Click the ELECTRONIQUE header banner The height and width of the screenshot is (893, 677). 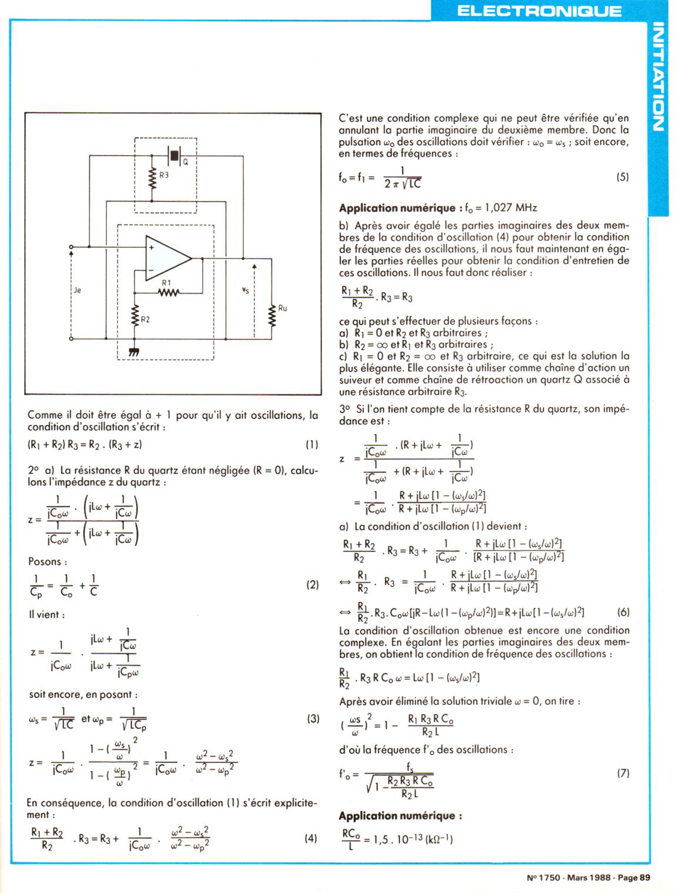click(x=538, y=11)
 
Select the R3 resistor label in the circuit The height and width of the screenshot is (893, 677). click(x=164, y=174)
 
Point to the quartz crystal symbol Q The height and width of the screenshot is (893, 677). click(x=175, y=156)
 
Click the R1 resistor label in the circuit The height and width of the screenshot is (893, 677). click(x=166, y=283)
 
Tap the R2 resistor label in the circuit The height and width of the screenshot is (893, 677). click(x=145, y=320)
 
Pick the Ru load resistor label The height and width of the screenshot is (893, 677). click(x=283, y=308)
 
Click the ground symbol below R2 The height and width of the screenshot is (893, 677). click(x=133, y=352)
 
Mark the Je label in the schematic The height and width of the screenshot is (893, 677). click(x=78, y=290)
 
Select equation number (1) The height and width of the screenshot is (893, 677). click(x=312, y=445)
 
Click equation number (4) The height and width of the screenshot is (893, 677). click(x=311, y=838)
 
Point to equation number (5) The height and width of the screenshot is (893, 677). click(x=623, y=176)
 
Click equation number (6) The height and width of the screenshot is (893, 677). click(x=623, y=612)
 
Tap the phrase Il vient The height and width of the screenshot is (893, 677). click(x=46, y=615)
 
